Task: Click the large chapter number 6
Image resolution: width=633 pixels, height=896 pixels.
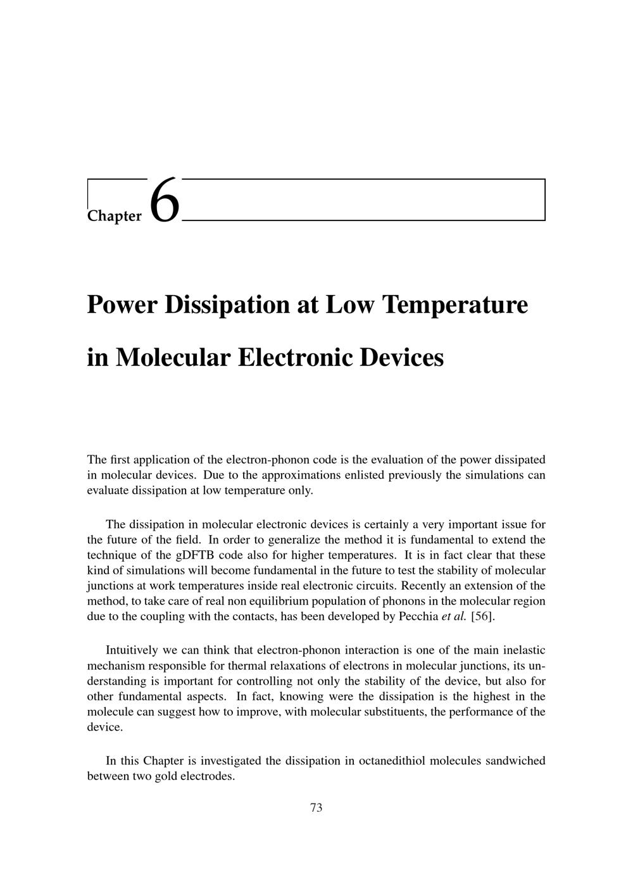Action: pos(165,200)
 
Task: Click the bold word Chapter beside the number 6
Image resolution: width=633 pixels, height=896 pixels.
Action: pos(115,216)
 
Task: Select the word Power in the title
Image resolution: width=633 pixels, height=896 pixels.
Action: pos(122,305)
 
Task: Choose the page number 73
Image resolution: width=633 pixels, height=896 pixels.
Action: pos(316,807)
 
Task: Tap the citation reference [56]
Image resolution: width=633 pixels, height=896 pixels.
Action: pos(484,616)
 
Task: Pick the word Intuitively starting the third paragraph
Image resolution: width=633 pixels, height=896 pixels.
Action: pos(135,650)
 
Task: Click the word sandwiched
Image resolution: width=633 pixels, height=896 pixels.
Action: pos(515,760)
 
